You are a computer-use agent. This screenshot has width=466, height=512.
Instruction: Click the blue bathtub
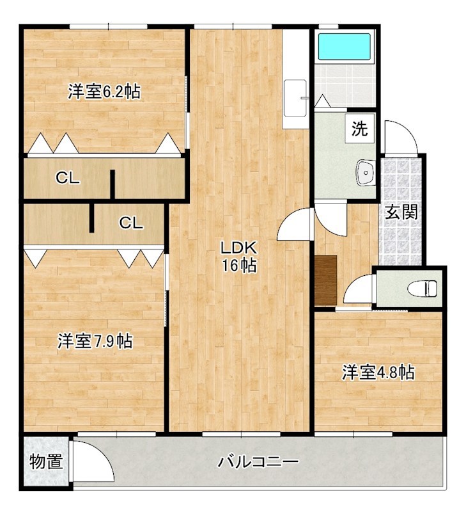pos(344,46)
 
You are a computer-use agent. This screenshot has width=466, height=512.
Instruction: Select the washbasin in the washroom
pos(366,172)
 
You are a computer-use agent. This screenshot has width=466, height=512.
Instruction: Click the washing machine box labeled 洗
pos(359,129)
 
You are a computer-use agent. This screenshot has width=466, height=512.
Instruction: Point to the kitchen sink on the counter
pos(295,98)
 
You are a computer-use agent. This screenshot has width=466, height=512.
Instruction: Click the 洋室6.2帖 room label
pos(104,92)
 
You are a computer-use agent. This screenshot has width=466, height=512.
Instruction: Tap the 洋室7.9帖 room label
pos(95,342)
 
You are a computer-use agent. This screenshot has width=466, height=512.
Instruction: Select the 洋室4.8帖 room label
pos(378,372)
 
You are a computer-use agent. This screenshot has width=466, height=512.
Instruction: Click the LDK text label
pos(239,248)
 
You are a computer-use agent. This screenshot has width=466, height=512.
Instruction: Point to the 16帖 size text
pos(239,266)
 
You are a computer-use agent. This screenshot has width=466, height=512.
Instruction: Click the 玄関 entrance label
pos(401,212)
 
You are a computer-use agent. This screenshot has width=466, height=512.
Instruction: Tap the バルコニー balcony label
pos(258,462)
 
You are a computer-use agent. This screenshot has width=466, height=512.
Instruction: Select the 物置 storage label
pos(46,461)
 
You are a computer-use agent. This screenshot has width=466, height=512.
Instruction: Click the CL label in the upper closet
pos(68,179)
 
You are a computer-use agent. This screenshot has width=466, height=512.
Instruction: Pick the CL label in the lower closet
pos(131,223)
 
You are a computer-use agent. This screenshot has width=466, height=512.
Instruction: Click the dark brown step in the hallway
pos(326,281)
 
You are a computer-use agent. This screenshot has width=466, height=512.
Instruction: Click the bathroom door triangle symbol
pos(322,101)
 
